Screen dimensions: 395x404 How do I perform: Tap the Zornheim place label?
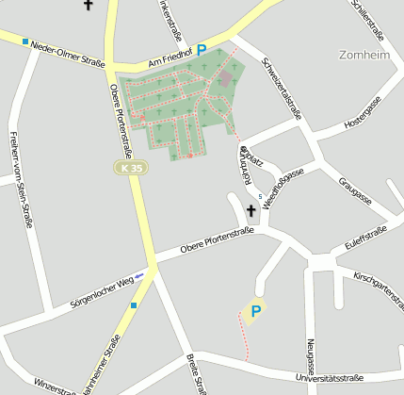pos(368,55)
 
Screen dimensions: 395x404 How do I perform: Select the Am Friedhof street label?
pos(170,59)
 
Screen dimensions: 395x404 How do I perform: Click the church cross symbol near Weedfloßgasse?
pos(251,211)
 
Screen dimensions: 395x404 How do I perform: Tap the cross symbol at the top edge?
pos(89,6)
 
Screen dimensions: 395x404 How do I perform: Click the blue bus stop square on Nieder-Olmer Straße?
pos(25,41)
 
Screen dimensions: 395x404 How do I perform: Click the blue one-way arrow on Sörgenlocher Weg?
pos(139,274)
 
